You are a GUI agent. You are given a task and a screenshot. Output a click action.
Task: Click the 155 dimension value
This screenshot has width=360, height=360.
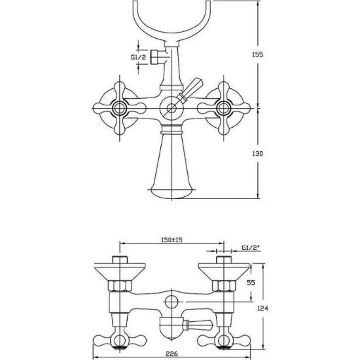(x=258, y=54)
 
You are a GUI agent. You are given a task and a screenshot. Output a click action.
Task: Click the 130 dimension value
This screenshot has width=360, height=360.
(x=258, y=153)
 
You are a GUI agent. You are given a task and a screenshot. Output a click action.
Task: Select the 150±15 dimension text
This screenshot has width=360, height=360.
(x=171, y=240)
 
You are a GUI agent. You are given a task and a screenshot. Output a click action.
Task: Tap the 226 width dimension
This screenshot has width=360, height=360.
(x=171, y=353)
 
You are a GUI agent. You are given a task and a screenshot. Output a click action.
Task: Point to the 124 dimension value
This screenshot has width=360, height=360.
(x=262, y=308)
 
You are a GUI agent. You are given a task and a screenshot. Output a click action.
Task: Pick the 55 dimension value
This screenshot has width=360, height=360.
(x=251, y=282)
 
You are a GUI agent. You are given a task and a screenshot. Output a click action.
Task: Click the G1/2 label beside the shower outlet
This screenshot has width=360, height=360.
(x=138, y=57)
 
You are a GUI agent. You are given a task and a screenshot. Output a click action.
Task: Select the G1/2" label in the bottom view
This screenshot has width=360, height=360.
(x=251, y=247)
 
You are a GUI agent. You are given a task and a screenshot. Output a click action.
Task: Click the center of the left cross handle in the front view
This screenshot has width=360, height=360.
(x=119, y=108)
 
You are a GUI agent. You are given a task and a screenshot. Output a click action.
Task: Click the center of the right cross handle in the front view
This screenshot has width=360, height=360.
(x=224, y=108)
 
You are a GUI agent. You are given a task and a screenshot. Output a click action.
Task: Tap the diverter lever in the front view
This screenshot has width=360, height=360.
(x=190, y=90)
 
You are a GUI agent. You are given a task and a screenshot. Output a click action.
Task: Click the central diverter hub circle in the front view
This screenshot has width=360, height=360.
(x=171, y=108)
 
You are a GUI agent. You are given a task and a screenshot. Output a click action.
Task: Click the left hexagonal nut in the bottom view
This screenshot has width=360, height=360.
(x=120, y=286)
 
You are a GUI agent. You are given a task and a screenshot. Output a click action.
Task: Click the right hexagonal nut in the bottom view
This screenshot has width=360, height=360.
(x=224, y=286)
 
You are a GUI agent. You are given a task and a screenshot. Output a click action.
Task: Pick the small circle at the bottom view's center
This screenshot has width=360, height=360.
(x=171, y=302)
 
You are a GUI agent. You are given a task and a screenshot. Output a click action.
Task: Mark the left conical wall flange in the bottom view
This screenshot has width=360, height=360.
(x=120, y=272)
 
